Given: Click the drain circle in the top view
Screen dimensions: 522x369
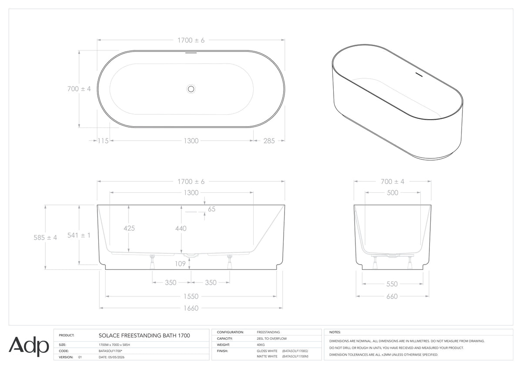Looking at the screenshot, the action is pos(191,89).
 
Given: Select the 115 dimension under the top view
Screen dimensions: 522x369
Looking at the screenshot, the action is pos(103,141).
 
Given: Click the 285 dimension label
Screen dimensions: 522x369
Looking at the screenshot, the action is pos(269,141).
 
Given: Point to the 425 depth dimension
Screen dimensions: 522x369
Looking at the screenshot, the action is pos(129,228).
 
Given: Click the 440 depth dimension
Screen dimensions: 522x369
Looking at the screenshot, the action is pos(181,228).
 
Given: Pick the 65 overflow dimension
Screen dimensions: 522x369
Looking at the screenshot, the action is pos(211,209).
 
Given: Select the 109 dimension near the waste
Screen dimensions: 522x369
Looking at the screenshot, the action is pos(180,264).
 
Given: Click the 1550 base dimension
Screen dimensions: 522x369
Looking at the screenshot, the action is pos(191,296).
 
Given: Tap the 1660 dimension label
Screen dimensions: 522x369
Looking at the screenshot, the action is pos(191,308).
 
